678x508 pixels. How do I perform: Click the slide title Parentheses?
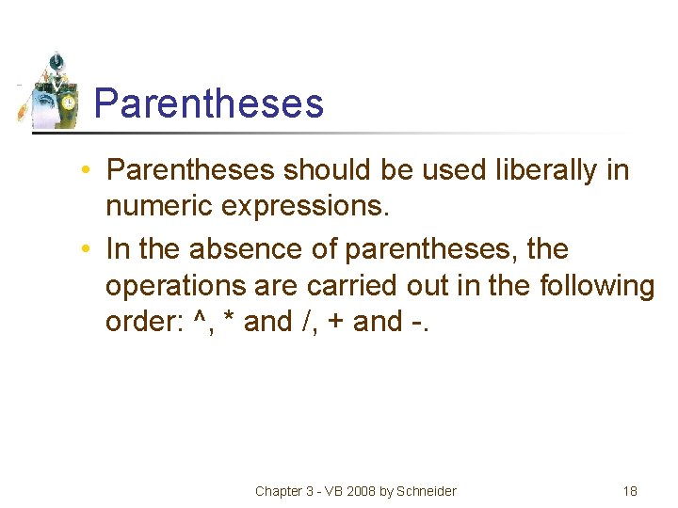[x=209, y=103]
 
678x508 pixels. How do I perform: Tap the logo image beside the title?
[x=53, y=91]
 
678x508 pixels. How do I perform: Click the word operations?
[x=175, y=286]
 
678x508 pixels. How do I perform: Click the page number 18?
[x=630, y=491]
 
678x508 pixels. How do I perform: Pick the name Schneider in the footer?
[x=428, y=491]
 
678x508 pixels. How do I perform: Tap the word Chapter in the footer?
[x=280, y=491]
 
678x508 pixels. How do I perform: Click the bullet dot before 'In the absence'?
[x=86, y=250]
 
